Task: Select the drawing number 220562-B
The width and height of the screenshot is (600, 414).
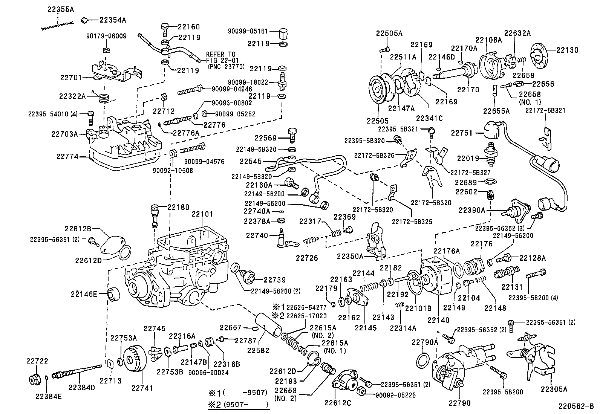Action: (576, 406)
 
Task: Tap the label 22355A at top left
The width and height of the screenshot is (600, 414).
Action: (60, 10)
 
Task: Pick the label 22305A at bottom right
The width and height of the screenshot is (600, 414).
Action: (554, 389)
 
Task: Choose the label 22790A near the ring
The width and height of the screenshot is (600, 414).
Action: (425, 342)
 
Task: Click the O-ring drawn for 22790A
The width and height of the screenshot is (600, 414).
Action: (424, 361)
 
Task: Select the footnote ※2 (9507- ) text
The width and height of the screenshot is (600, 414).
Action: (238, 405)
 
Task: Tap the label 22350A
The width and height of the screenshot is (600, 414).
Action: (350, 256)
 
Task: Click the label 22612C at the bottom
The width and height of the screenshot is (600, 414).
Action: (337, 403)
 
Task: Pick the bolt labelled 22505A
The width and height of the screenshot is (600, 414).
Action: (384, 49)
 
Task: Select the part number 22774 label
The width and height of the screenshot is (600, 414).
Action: (67, 156)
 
